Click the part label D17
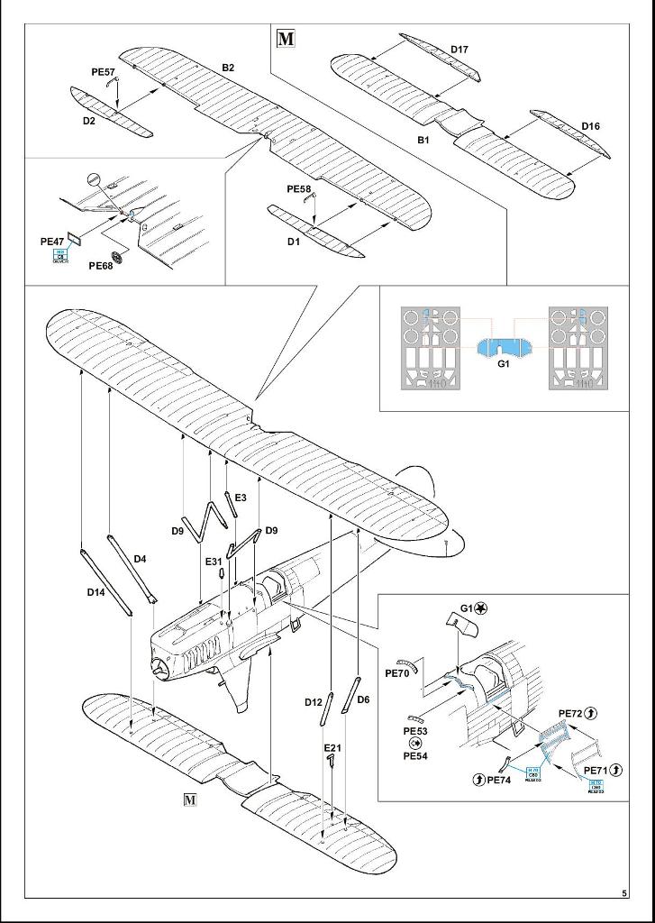[x=459, y=48]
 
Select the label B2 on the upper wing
[x=228, y=68]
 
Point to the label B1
[x=423, y=141]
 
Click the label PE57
[x=104, y=71]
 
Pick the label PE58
[x=298, y=189]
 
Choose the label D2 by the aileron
[x=89, y=120]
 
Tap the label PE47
[x=53, y=242]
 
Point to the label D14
[x=97, y=592]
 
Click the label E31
[x=214, y=562]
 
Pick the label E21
[x=332, y=748]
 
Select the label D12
[x=313, y=701]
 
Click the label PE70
[x=397, y=672]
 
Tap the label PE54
[x=415, y=755]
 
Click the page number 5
[x=623, y=893]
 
